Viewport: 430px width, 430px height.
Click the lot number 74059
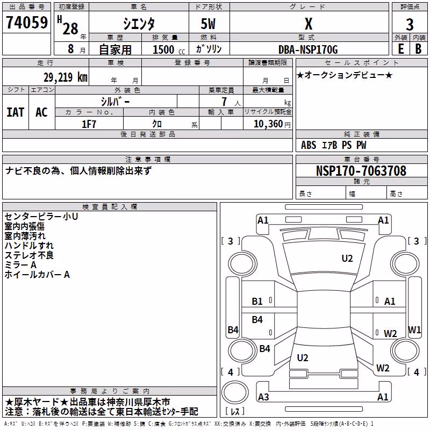26,22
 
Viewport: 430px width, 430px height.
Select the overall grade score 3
410,25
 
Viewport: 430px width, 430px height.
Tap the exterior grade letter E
401,49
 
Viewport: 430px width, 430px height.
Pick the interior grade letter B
418,49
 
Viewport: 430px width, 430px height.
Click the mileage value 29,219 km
65,77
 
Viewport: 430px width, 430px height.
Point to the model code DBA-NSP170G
308,49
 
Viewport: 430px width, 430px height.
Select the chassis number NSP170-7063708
361,170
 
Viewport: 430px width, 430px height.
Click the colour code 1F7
89,124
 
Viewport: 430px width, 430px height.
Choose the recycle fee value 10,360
268,124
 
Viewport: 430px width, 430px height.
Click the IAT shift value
16,112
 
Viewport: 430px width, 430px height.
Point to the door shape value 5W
208,24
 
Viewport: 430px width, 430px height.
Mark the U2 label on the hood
347,259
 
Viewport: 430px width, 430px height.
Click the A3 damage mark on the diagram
263,397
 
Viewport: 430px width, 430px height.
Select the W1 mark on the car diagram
414,329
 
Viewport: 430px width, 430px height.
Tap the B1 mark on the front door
257,302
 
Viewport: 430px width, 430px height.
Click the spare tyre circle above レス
235,392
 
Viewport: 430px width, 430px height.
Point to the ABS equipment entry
309,145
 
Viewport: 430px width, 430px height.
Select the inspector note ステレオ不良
29,255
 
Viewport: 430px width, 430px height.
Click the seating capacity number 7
224,102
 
